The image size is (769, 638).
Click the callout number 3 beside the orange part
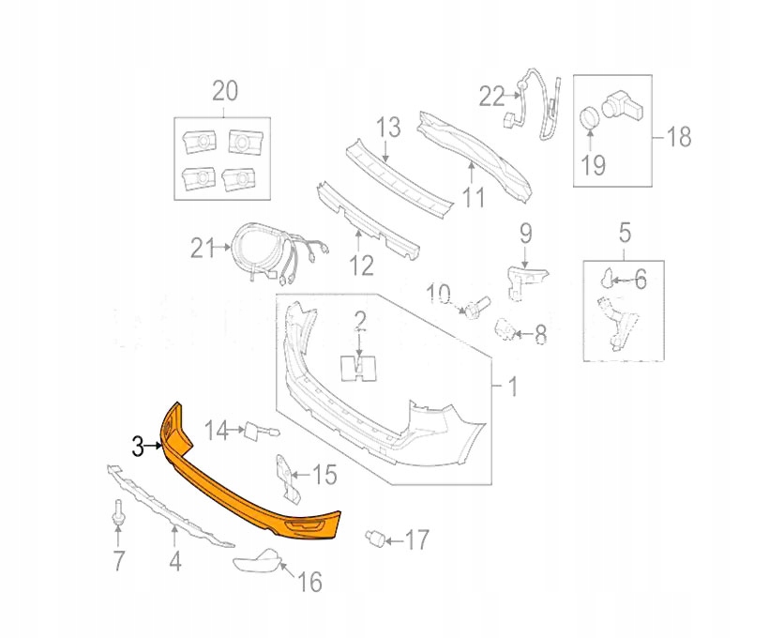pos(138,447)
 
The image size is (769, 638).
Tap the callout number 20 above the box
pos(225,91)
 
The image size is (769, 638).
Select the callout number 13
pos(388,127)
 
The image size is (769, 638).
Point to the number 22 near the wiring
pos(491,97)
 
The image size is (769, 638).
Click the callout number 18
pos(679,136)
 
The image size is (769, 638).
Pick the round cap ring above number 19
pos(590,118)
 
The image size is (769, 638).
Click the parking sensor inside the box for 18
pos(623,105)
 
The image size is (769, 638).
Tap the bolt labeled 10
pos(475,307)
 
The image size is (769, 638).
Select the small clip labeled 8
pos(505,329)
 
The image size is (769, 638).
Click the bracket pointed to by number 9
pos(526,281)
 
